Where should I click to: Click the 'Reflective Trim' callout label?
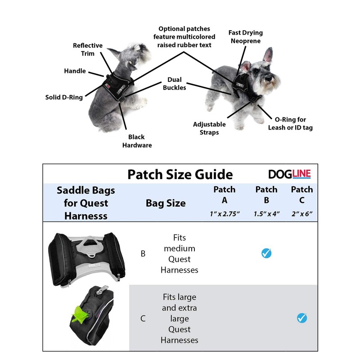[88, 49]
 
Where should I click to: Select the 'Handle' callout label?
[75, 71]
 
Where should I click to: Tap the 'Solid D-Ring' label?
[64, 97]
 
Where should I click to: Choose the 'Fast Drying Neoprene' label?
[245, 36]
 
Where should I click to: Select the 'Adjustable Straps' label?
[206, 128]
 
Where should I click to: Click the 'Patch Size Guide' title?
[180, 175]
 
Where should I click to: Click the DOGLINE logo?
[289, 174]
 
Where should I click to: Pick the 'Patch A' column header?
[225, 194]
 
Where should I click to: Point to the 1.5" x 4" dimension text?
[266, 213]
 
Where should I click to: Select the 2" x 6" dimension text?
[301, 213]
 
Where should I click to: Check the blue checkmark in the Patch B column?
[266, 253]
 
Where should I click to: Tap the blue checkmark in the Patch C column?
[301, 318]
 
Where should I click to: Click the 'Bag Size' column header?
[166, 203]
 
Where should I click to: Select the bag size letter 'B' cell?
[143, 254]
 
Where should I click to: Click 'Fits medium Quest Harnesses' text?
[179, 254]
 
